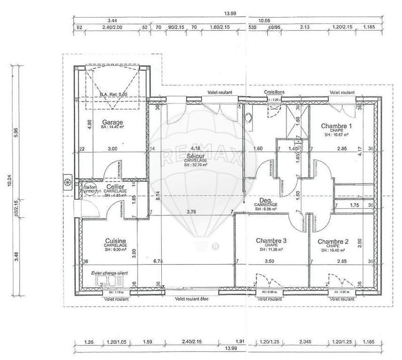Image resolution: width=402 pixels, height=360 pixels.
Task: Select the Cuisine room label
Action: (x=116, y=241)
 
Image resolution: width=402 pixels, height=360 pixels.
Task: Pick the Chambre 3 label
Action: (x=271, y=241)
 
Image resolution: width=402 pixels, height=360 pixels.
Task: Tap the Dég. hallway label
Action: (x=266, y=200)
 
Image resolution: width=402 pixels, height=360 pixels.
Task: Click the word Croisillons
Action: (x=275, y=93)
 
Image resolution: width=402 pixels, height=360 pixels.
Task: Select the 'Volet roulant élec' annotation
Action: (x=194, y=299)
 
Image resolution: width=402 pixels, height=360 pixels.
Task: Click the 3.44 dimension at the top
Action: (x=116, y=21)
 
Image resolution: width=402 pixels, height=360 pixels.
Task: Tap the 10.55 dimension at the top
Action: (x=264, y=21)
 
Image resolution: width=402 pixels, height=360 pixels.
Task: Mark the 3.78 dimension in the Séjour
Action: (x=191, y=212)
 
